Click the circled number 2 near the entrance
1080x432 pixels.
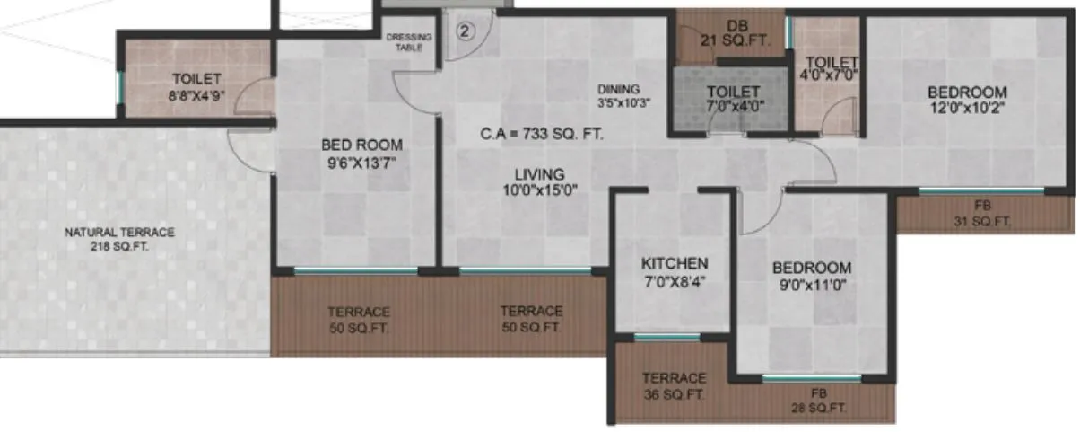tap(465, 31)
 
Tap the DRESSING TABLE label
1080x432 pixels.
tap(408, 42)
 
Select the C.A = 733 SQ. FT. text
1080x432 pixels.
tap(541, 135)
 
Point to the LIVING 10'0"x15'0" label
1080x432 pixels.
tap(539, 181)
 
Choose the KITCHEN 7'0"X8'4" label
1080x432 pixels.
tap(675, 271)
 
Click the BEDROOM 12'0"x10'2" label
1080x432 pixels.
tap(967, 100)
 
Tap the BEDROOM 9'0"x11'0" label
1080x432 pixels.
tap(812, 276)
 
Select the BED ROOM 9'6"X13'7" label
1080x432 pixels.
tap(361, 153)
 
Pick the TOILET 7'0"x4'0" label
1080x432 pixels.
tap(733, 99)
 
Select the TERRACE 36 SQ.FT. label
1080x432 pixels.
tap(674, 386)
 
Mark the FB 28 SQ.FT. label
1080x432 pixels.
tap(818, 401)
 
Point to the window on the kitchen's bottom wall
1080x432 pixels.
tap(666, 338)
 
